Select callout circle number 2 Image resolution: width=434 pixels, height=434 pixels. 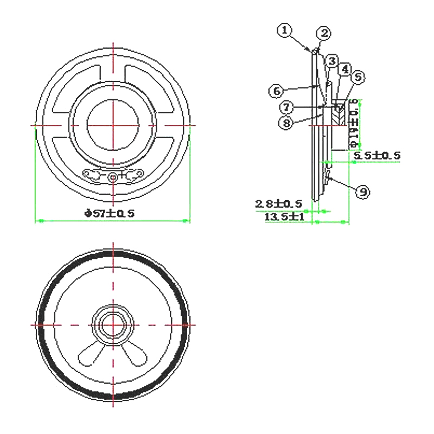click(323, 34)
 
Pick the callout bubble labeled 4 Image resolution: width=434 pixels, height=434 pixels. click(344, 69)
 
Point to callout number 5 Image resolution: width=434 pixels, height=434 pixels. click(356, 78)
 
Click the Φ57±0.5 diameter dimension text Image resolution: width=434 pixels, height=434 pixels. click(109, 214)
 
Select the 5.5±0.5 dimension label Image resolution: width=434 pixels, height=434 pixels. click(376, 156)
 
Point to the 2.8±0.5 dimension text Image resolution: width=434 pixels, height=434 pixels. click(279, 204)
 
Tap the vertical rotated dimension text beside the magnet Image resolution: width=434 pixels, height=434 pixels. click(354, 124)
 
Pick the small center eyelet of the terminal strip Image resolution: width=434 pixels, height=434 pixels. click(113, 176)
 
